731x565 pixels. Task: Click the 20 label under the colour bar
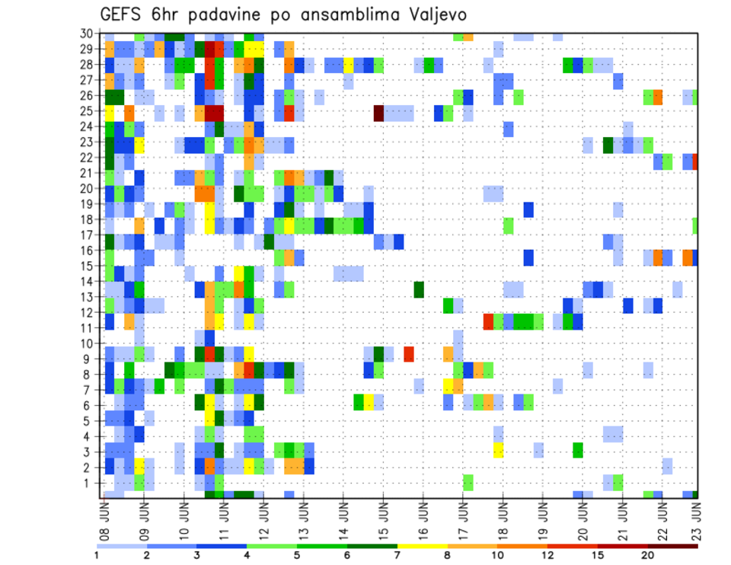point(648,555)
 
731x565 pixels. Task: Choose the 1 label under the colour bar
point(97,555)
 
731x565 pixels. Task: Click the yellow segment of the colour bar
point(423,545)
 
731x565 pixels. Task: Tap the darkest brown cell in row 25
point(378,113)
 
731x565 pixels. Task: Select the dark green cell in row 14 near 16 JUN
point(419,289)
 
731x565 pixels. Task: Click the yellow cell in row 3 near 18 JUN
point(498,450)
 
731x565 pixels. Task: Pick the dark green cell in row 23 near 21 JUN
point(608,144)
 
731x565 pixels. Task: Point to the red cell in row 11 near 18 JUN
point(488,321)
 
